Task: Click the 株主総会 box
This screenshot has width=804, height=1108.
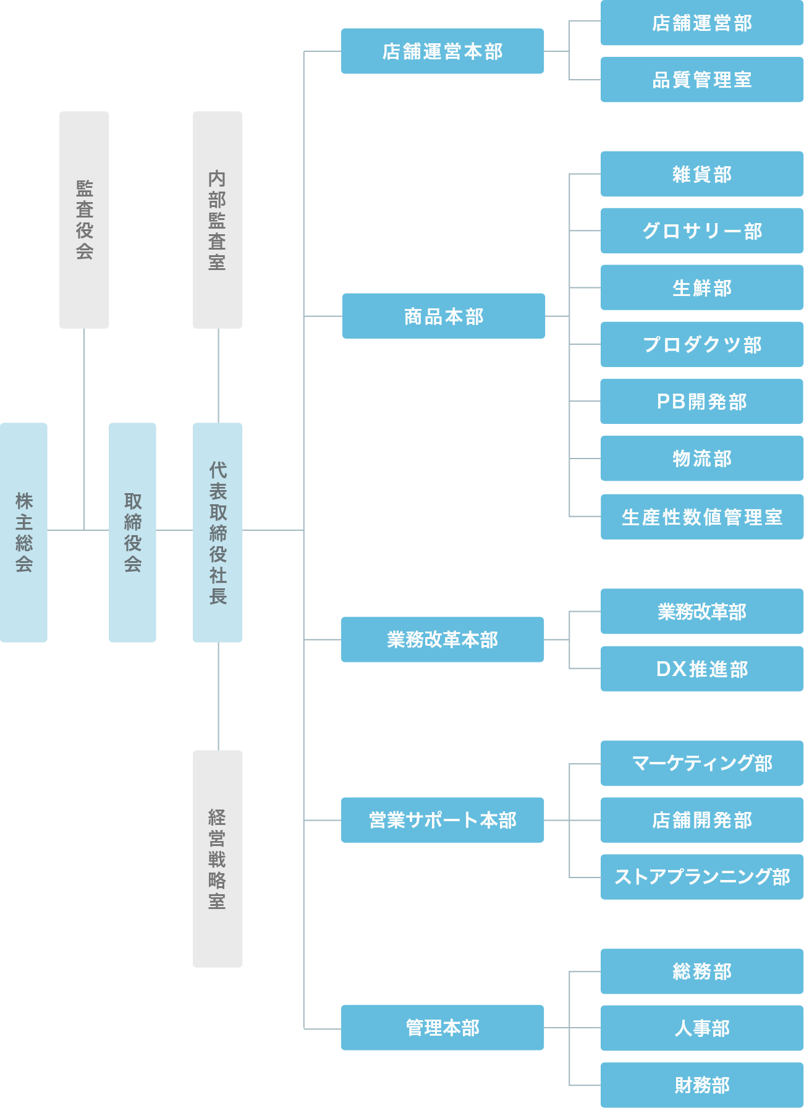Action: pos(23,532)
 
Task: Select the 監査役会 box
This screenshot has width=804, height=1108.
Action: pos(84,219)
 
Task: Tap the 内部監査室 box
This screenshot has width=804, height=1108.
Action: pos(218,219)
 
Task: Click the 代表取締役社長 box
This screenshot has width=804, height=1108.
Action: pos(218,532)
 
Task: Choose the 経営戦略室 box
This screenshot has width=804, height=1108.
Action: pos(218,858)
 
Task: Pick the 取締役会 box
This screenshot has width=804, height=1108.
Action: pos(132,532)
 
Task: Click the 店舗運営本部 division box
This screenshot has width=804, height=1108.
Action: pos(442,51)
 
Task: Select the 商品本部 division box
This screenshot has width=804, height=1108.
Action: pos(444,316)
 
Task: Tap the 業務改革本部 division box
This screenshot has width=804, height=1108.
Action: pos(442,640)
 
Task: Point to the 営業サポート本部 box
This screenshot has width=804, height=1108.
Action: pos(442,820)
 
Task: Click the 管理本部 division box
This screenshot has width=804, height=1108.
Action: pos(442,1028)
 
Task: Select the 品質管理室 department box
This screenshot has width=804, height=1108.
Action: pos(702,80)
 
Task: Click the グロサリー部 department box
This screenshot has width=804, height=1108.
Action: pos(702,230)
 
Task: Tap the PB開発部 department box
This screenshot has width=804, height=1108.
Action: pos(702,402)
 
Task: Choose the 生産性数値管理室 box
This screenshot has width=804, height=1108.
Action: pos(702,517)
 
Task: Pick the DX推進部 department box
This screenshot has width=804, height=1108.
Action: pos(702,669)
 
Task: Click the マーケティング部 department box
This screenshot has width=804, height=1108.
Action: pos(702,763)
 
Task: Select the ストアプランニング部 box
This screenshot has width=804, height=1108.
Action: pos(702,877)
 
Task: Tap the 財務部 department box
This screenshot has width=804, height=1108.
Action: pos(702,1085)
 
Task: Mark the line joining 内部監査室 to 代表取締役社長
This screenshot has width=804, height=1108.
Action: pos(218,376)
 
